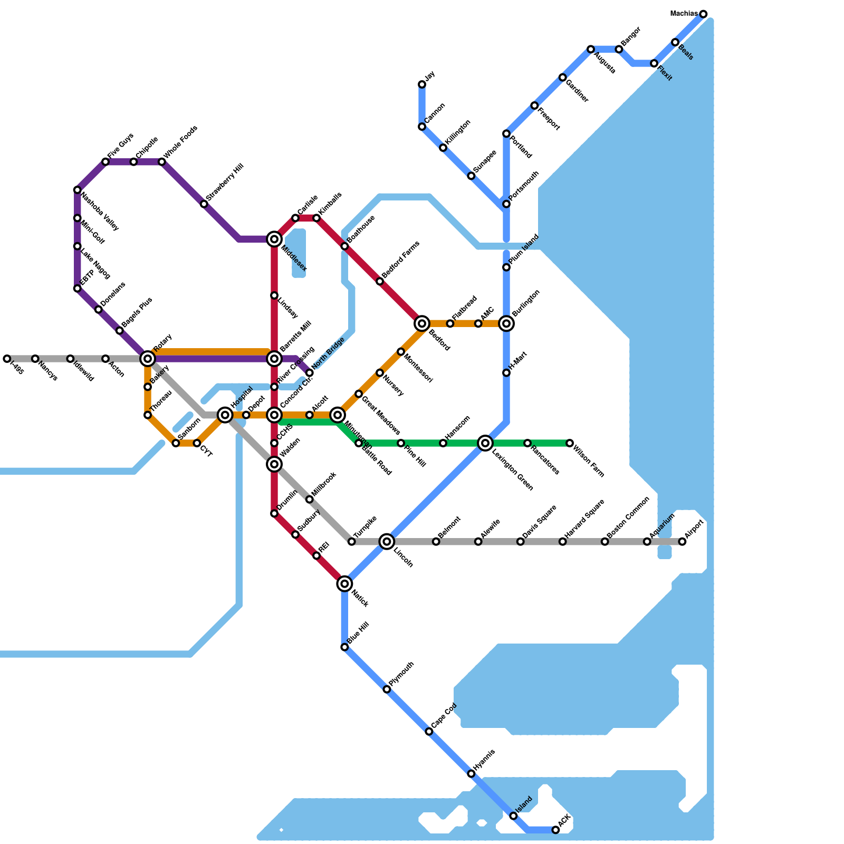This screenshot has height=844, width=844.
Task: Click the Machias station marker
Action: pyautogui.click(x=703, y=14)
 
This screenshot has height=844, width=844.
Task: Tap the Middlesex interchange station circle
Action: pyautogui.click(x=274, y=239)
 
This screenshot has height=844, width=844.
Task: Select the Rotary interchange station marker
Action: pyautogui.click(x=148, y=359)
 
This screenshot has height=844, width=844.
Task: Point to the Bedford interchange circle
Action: pyautogui.click(x=422, y=323)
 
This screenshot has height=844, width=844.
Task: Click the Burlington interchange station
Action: pyautogui.click(x=506, y=323)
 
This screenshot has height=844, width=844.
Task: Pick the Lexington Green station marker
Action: pyautogui.click(x=485, y=443)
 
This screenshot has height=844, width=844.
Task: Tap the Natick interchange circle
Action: pyautogui.click(x=344, y=583)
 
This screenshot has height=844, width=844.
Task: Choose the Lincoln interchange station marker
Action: pyautogui.click(x=387, y=541)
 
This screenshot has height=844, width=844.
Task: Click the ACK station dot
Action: pyautogui.click(x=555, y=830)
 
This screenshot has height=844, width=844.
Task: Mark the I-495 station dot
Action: pyautogui.click(x=7, y=359)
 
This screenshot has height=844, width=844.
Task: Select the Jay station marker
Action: pyautogui.click(x=422, y=84)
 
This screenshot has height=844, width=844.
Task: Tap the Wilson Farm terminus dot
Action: pyautogui.click(x=570, y=443)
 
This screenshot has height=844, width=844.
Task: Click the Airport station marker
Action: pyautogui.click(x=682, y=542)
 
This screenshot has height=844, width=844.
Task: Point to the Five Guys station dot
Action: pyautogui.click(x=105, y=161)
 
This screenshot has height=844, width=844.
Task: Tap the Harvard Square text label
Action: pyautogui.click(x=584, y=519)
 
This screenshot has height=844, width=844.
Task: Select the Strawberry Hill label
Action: pyautogui.click(x=225, y=182)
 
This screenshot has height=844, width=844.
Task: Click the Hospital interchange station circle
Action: pyautogui.click(x=225, y=415)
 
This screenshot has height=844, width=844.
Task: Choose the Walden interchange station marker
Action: pyautogui.click(x=274, y=464)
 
